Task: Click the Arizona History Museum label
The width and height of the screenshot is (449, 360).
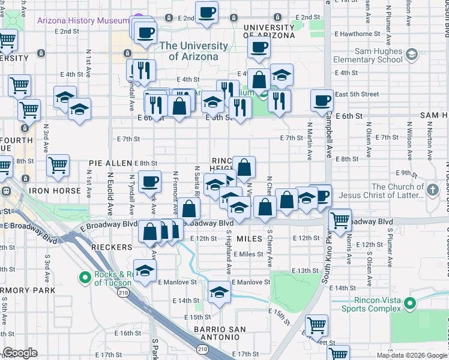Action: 83,20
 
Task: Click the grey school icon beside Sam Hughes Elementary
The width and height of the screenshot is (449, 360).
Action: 411,55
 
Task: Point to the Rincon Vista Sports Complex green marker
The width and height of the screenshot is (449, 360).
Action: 410,304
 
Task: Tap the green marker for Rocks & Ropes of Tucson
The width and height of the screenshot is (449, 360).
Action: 85,277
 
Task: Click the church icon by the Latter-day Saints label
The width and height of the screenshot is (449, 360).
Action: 434,190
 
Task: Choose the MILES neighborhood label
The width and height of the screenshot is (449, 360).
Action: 250,239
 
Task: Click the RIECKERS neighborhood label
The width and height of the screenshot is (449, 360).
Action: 111,247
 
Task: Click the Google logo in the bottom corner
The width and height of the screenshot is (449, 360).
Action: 20,353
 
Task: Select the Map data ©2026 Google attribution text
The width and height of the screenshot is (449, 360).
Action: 411,355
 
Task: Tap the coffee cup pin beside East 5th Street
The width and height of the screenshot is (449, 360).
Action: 322,101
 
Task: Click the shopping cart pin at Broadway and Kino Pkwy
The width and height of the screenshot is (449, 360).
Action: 340,220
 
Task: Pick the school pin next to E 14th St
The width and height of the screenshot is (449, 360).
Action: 219,293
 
